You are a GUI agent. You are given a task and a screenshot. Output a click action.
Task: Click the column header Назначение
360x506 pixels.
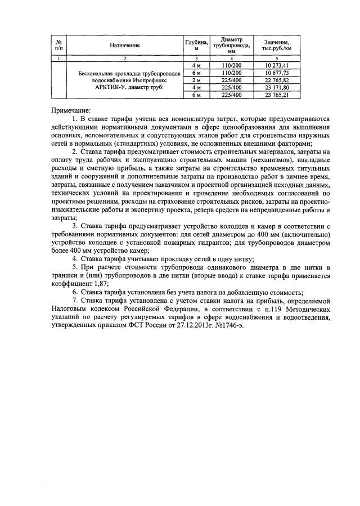(125, 44)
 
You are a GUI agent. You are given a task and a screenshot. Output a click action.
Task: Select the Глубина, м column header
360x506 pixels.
(196, 45)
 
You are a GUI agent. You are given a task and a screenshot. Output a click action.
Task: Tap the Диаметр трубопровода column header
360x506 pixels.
(231, 45)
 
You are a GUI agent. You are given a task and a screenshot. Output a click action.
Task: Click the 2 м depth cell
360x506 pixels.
(196, 80)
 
